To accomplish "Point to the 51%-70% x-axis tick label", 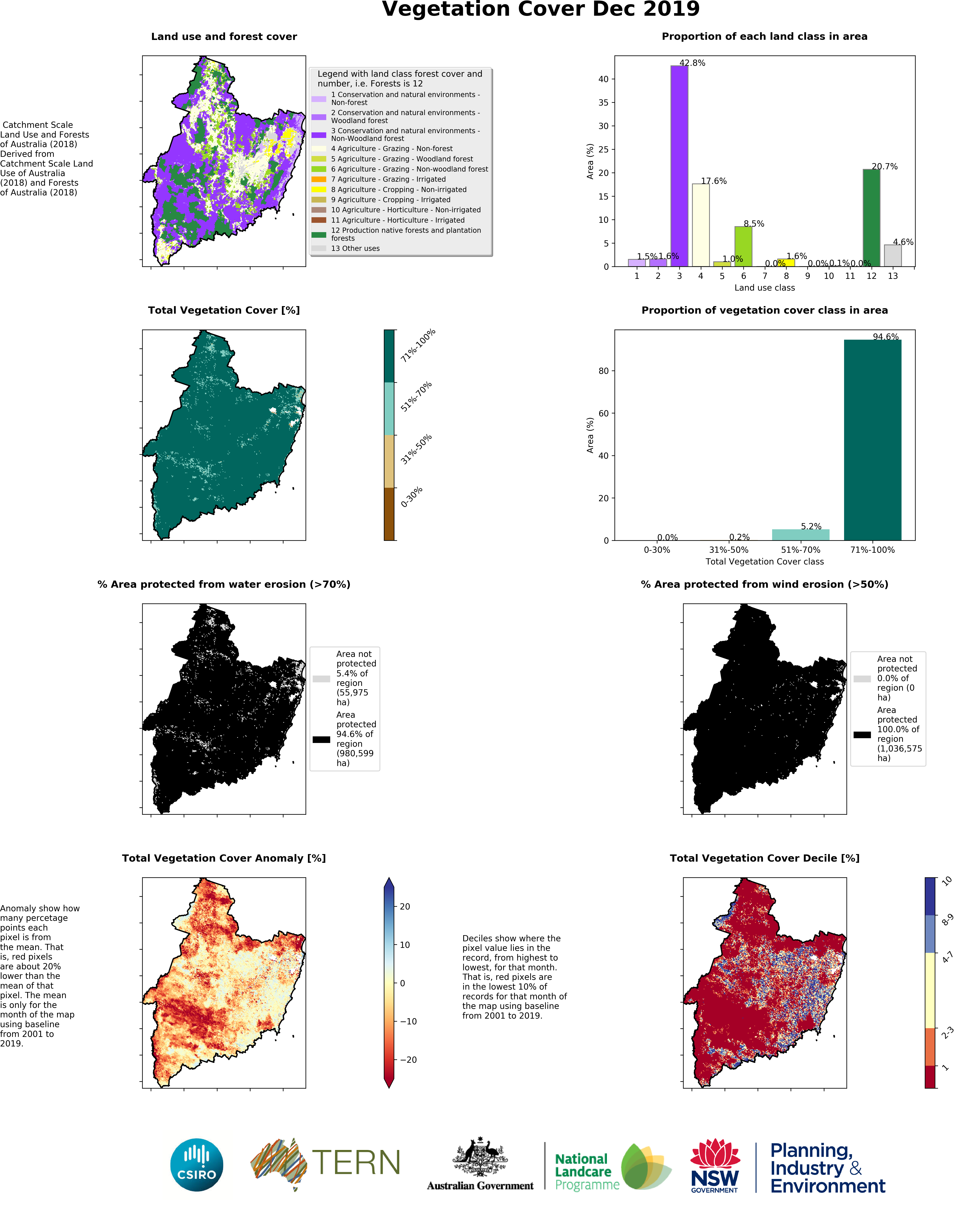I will pos(800,550).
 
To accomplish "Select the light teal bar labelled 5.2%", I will pos(800,534).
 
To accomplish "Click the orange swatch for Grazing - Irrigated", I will pos(318,179).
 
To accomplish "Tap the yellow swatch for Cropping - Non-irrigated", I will pos(318,189).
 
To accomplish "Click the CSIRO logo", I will pos(196,1165).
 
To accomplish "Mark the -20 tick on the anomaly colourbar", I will pos(409,1060).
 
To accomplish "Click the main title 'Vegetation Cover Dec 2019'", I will pos(541,10).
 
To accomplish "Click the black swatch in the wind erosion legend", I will pos(862,735).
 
